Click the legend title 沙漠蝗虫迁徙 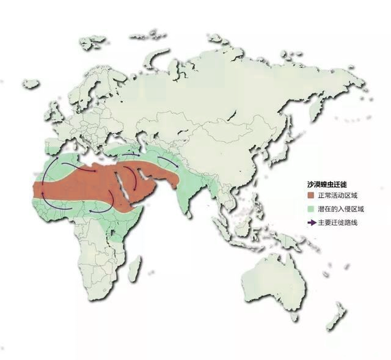[328, 183]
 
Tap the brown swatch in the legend [311, 196]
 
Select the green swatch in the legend [311, 209]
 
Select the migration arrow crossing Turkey [128, 155]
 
